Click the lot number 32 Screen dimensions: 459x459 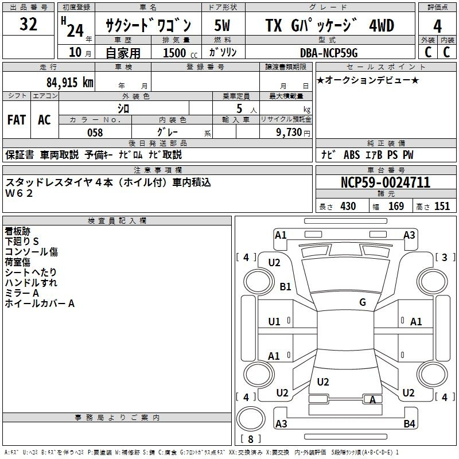28,25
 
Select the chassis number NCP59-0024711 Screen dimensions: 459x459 385,183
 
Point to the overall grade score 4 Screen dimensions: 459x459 437,26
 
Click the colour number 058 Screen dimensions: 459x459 95,133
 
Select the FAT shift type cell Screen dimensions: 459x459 17,119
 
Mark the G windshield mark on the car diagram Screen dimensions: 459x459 363,302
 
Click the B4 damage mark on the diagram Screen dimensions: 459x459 409,424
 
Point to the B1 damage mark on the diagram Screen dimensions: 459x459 285,287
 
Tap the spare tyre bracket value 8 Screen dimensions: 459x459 251,439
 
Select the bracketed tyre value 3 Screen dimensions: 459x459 444,258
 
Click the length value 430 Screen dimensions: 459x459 348,207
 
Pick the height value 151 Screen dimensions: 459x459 442,207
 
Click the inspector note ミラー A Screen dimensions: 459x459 22,293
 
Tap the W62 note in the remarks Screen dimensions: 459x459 20,193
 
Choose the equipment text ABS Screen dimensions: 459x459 351,155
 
